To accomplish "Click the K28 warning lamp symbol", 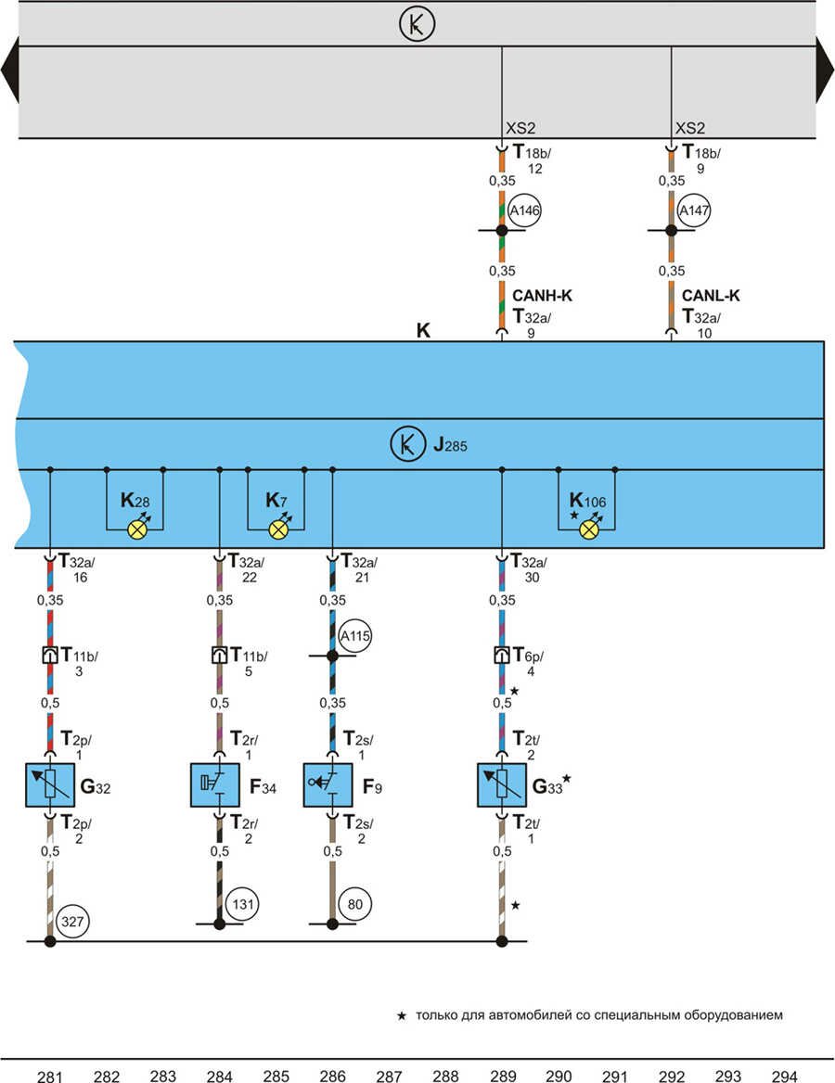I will coord(136,529).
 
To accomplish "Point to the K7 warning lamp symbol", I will coord(276,529).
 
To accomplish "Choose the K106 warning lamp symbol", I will coord(587,529).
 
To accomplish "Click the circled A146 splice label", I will coord(524,211).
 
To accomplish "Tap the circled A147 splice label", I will coord(693,211).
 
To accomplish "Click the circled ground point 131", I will coord(241,904).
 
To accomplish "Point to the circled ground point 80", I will coord(354,904).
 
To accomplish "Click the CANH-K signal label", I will coord(542,297).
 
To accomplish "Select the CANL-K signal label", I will coord(711,297).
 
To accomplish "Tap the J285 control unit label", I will coord(450,445).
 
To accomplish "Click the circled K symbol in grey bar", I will coord(417,25).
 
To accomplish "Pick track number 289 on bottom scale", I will coord(503,1076).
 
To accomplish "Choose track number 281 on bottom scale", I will coord(50,1076).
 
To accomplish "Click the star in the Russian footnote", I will coord(401,1016).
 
